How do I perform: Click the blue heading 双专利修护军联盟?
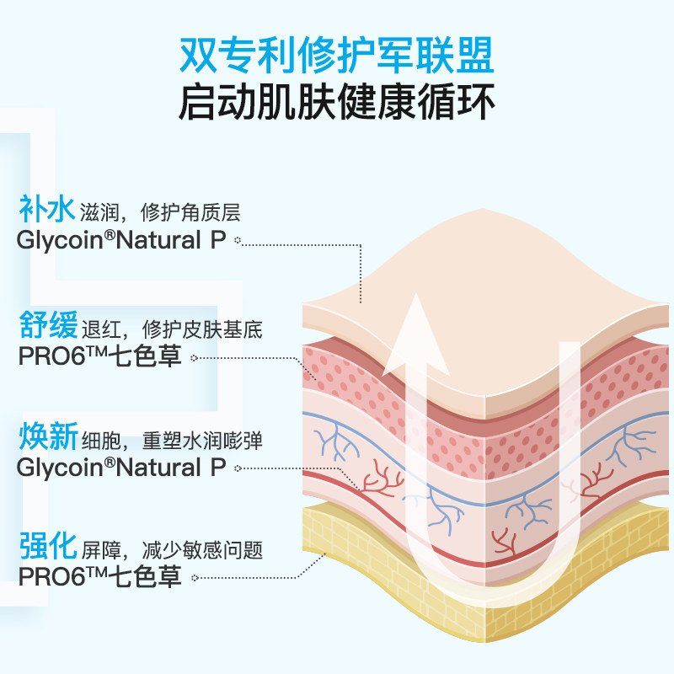pos(337,56)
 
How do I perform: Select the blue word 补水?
pos(46,209)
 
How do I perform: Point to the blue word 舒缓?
pos(46,325)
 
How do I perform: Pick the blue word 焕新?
pos(46,438)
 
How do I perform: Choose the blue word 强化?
pos(46,549)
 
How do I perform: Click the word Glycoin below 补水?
pos(56,240)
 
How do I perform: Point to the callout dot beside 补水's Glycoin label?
pos(238,241)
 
